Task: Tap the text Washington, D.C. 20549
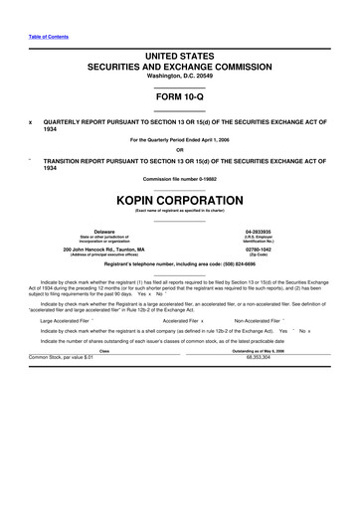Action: click(x=179, y=76)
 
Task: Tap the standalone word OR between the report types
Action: click(x=179, y=151)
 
